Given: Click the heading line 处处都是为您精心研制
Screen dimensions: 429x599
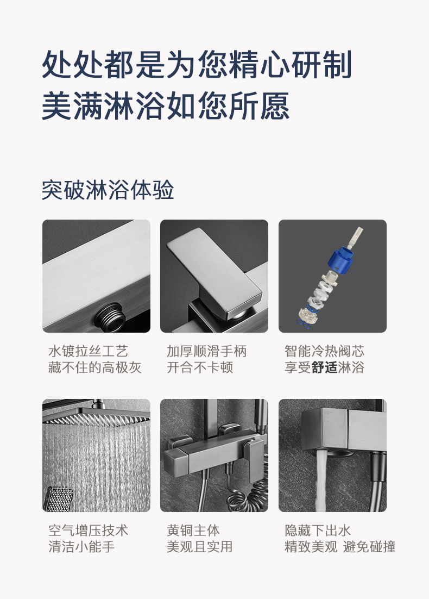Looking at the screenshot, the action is tap(197, 64).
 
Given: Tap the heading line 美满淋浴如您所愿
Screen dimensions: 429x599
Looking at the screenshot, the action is tap(165, 106).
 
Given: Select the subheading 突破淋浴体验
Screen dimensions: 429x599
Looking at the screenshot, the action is tap(108, 190).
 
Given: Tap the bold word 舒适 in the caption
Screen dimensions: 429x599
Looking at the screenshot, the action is tap(324, 367).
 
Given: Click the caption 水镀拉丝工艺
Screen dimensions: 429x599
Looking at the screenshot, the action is tap(88, 351).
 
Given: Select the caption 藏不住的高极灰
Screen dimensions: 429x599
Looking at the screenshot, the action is tap(95, 367).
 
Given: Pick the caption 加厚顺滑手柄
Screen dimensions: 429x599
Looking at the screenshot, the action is tap(206, 351).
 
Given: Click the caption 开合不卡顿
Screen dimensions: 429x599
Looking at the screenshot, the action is tap(200, 367).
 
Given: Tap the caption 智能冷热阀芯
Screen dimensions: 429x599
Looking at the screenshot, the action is tap(324, 351).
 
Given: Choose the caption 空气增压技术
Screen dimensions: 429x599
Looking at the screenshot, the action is tap(88, 530).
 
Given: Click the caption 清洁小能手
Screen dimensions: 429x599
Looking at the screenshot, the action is tap(81, 547).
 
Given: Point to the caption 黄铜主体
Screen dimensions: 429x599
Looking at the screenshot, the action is tap(193, 530).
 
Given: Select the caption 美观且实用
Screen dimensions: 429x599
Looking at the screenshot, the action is tap(200, 547).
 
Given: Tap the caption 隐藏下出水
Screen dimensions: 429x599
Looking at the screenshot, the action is tap(318, 530).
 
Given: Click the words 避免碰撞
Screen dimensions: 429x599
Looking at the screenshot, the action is tap(369, 547).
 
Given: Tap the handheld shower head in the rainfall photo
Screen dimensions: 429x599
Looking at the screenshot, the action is tap(59, 498).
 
